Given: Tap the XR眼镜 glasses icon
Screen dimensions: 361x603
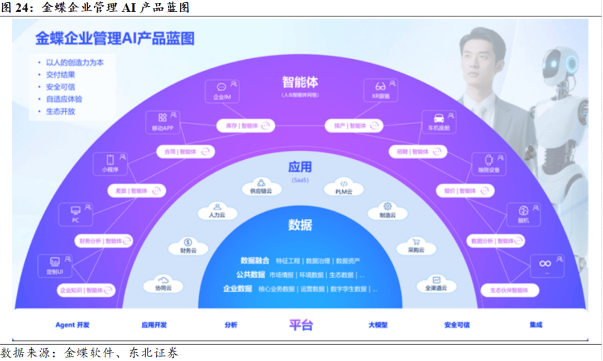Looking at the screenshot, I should pyautogui.click(x=380, y=87).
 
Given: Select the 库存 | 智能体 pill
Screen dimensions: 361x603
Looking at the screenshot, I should pyautogui.click(x=244, y=126).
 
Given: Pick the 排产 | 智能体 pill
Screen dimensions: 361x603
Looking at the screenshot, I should pyautogui.click(x=353, y=126).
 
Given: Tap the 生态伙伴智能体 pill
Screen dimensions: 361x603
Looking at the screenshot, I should pyautogui.click(x=509, y=291).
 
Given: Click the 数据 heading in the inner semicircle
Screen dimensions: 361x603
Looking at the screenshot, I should pyautogui.click(x=300, y=225).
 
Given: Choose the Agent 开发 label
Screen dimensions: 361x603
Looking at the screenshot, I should pyautogui.click(x=73, y=325).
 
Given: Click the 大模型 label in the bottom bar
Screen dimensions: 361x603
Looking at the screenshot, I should pyautogui.click(x=378, y=325).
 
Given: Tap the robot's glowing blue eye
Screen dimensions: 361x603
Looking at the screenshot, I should pyautogui.click(x=572, y=64).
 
